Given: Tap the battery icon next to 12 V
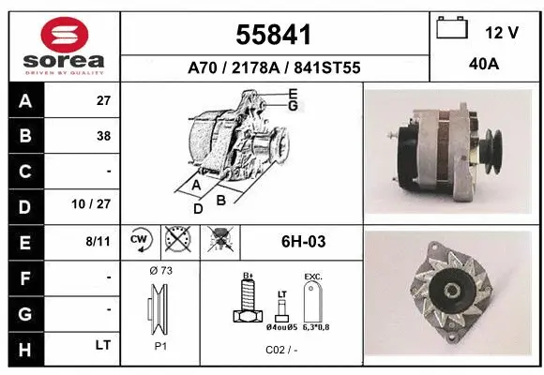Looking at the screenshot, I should point(452,29).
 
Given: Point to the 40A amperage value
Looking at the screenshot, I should point(484,65).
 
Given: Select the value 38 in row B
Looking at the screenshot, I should point(102,135).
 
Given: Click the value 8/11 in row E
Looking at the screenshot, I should point(98,241).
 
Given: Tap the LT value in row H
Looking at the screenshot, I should point(102,345).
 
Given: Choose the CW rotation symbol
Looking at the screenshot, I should point(140,240).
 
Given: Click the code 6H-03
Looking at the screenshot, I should point(303,242).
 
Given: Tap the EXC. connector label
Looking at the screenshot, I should point(313,277).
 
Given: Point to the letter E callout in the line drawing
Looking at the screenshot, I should point(293,93).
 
